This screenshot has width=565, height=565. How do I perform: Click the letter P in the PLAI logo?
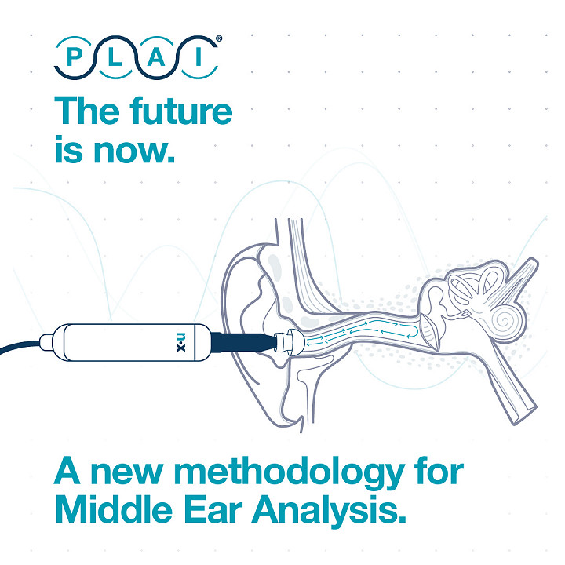75,57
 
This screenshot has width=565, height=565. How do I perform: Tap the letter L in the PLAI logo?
115,57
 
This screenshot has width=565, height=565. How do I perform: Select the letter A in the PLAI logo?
156,57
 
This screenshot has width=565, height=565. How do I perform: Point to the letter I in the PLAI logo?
199,57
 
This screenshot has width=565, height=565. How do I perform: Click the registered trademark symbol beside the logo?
219,38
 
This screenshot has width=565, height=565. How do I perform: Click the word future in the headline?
181,111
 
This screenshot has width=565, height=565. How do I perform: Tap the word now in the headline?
134,151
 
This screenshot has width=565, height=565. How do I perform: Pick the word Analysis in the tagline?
330,512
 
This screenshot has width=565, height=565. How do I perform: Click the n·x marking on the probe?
181,342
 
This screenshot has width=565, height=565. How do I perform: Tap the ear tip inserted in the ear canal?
288,342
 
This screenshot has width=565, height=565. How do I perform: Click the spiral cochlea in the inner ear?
508,320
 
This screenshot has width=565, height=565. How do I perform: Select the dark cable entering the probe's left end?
20,346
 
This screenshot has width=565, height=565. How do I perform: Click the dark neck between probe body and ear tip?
242,342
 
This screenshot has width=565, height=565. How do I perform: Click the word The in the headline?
87,111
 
